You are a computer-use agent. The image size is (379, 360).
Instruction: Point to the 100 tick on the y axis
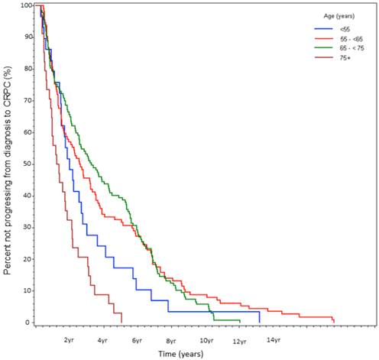(x=27, y=5)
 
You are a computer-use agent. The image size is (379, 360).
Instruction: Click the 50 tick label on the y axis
(x=28, y=164)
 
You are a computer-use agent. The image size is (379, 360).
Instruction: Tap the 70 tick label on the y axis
(x=28, y=100)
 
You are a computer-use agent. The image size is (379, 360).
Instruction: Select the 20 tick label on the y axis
(x=28, y=258)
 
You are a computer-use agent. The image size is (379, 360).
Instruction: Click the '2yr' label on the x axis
(x=69, y=340)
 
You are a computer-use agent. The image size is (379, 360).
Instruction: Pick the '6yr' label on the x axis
(x=138, y=340)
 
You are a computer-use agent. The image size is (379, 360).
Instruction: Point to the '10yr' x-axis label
(x=206, y=340)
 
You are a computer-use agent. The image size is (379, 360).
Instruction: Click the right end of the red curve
(x=334, y=320)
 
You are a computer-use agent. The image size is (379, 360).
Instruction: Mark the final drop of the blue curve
(x=260, y=317)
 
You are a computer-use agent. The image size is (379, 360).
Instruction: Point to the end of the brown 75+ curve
(x=121, y=320)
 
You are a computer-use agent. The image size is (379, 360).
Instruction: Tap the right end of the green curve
(x=240, y=320)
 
